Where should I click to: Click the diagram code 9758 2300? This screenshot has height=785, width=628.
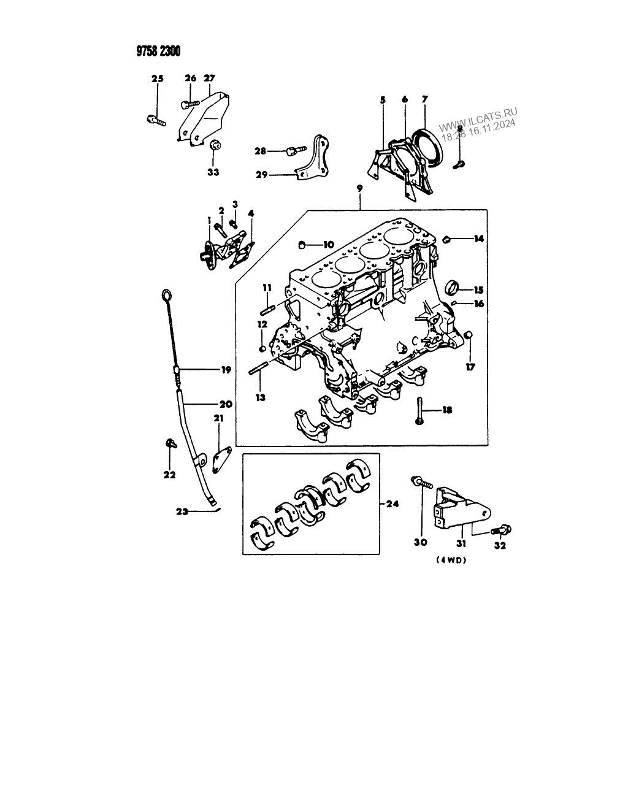coord(158,52)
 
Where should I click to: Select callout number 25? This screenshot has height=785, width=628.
coord(158,78)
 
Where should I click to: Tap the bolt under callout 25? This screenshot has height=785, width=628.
coord(156,120)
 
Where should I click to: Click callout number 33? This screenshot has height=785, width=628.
coord(213,172)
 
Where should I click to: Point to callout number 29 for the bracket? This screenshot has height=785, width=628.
coord(261,175)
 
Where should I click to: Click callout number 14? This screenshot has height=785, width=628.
coord(478,239)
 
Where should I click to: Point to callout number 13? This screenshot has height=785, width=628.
coord(261,397)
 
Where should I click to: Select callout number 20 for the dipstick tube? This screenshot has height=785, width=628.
coord(225,404)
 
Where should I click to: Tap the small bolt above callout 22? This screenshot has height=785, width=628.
coord(169,443)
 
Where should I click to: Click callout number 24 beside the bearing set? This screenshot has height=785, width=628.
coord(392,504)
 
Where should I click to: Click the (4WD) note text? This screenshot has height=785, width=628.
coord(453,559)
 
